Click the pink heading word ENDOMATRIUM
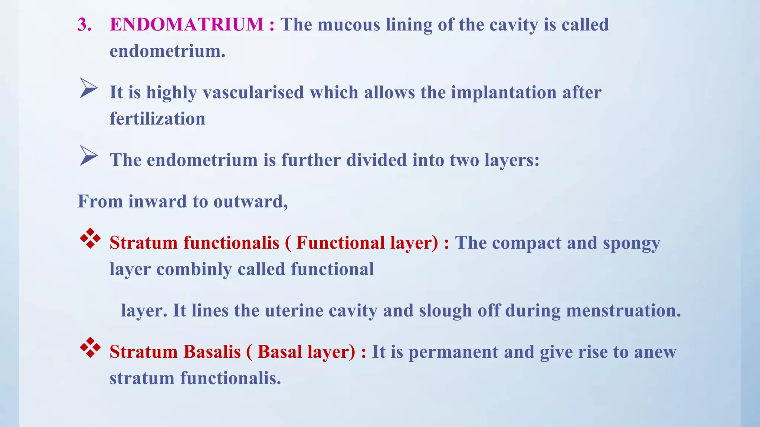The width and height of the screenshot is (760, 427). point(187,24)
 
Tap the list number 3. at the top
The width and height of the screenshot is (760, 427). point(85,24)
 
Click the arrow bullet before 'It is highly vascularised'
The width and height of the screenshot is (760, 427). point(88,88)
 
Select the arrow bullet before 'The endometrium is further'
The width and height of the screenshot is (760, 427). point(88,156)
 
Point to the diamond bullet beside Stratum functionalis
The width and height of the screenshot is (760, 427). point(90,238)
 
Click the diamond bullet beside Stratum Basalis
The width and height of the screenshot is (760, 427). point(90,347)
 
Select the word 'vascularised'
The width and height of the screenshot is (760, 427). point(253,92)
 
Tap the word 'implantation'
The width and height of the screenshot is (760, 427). point(504,92)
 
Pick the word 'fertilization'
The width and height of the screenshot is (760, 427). point(157,119)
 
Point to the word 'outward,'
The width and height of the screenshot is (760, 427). point(250,202)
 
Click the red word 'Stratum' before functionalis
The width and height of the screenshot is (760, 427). point(144,243)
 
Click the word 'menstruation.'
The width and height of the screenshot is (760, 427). point(623,311)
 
